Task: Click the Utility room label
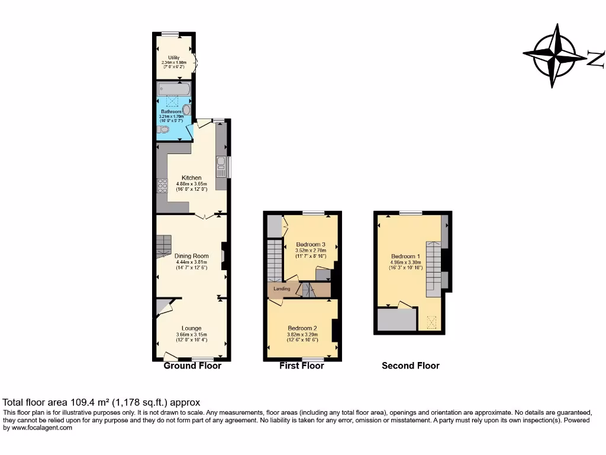173,57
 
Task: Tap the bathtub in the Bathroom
173,90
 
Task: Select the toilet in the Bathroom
163,129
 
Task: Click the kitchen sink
221,166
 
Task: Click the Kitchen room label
191,178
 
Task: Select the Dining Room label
191,256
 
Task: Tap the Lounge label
191,328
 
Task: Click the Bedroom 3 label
311,244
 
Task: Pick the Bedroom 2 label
302,328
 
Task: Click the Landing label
281,289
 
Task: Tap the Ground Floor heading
192,366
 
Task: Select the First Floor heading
302,366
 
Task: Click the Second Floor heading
411,366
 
